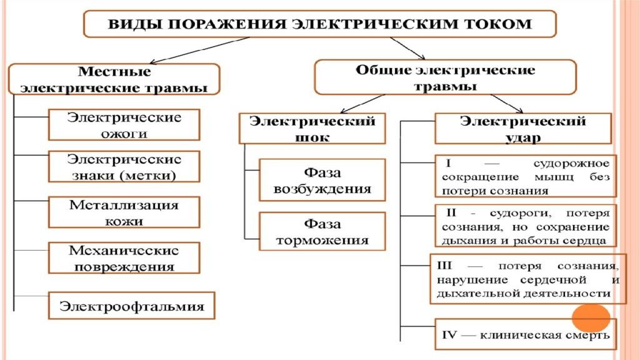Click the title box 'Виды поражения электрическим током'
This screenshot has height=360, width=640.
319,24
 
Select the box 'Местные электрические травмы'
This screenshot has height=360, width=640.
114,79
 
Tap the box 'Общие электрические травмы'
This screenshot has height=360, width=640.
445,77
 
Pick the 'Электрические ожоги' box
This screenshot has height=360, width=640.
124,125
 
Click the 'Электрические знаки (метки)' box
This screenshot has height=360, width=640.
124,166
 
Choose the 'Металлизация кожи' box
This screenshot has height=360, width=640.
124,212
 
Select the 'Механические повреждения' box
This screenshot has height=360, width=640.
124,258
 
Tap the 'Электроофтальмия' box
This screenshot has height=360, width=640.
131,305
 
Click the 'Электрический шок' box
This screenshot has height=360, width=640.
312,129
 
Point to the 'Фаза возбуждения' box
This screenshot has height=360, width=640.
322,180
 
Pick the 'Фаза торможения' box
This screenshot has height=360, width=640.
322,231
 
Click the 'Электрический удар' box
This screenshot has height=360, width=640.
523,129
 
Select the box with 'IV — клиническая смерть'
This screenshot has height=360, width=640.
526,334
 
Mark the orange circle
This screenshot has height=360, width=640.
591,318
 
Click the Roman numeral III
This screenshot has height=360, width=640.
444,266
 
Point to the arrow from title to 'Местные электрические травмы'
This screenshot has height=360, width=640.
199,50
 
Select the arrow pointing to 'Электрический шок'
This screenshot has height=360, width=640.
362,104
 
